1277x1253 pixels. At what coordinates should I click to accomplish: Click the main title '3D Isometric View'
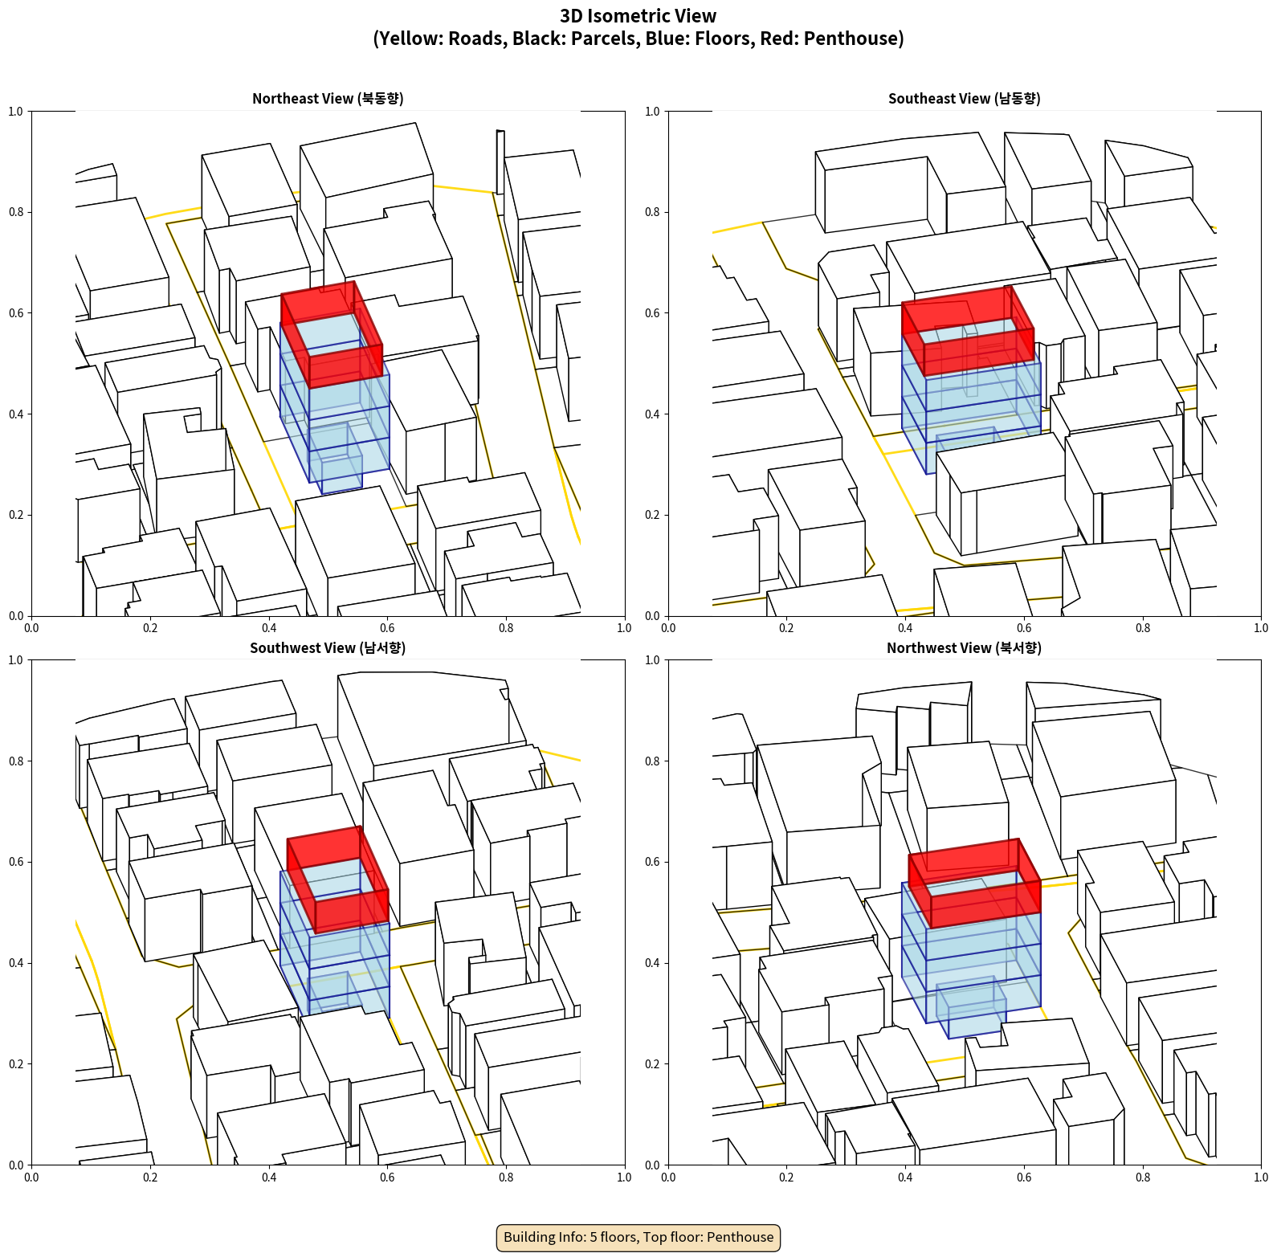click(638, 16)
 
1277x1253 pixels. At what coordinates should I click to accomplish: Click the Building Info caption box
click(638, 1237)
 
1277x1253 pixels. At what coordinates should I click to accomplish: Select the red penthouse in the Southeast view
click(968, 331)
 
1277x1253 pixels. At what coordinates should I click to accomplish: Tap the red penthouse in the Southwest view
click(337, 880)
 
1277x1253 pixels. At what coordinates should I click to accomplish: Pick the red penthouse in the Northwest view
click(974, 884)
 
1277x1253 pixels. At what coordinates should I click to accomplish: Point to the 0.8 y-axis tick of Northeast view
click(15, 212)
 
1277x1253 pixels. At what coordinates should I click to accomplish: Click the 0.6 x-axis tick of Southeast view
click(1024, 628)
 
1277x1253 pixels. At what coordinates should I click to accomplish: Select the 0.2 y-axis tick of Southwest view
click(15, 1064)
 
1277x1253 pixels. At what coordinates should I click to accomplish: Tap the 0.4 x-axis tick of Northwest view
click(905, 1177)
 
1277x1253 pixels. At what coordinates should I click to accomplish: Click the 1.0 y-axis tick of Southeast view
click(652, 112)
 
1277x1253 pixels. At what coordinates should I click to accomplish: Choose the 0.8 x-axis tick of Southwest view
click(506, 1177)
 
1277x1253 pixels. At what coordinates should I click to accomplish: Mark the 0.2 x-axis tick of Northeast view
click(150, 628)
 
